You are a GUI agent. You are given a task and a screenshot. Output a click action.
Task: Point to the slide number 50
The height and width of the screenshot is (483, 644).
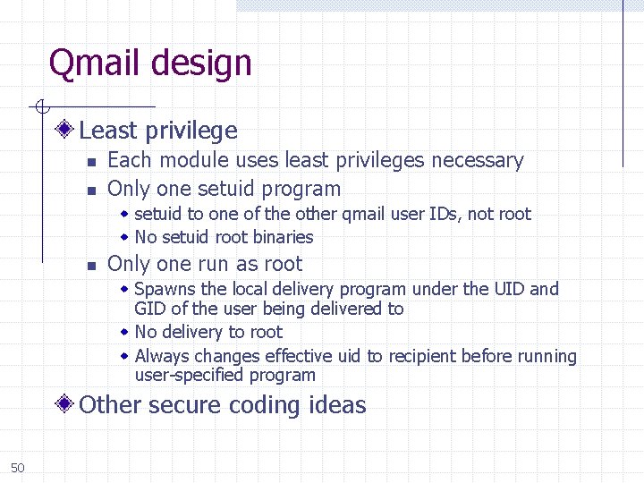(x=18, y=468)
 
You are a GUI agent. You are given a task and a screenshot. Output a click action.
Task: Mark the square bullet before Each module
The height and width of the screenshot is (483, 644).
(x=90, y=162)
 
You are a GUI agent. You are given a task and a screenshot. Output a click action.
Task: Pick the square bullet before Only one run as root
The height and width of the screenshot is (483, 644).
(x=90, y=266)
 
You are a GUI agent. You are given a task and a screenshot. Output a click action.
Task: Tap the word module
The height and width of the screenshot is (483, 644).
(x=194, y=161)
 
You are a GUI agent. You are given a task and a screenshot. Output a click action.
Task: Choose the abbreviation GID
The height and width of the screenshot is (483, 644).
(x=149, y=309)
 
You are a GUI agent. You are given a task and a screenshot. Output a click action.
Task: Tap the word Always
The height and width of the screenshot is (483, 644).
(x=162, y=356)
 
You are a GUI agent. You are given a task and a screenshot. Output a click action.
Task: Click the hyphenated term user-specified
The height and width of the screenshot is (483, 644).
(x=190, y=376)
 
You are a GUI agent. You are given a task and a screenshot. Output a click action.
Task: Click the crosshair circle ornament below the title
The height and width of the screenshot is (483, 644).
(x=41, y=107)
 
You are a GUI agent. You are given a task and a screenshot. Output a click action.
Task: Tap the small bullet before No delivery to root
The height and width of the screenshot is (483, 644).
(x=125, y=332)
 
